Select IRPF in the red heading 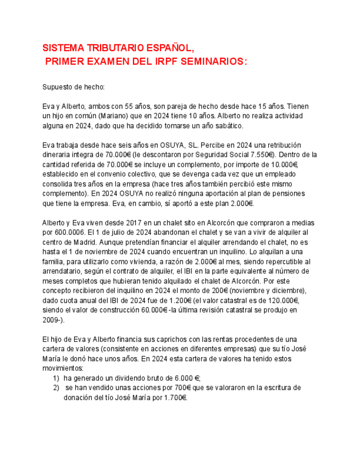(x=168, y=62)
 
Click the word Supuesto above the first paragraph (x=57, y=87)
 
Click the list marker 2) (x=56, y=388)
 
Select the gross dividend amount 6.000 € (x=184, y=378)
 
